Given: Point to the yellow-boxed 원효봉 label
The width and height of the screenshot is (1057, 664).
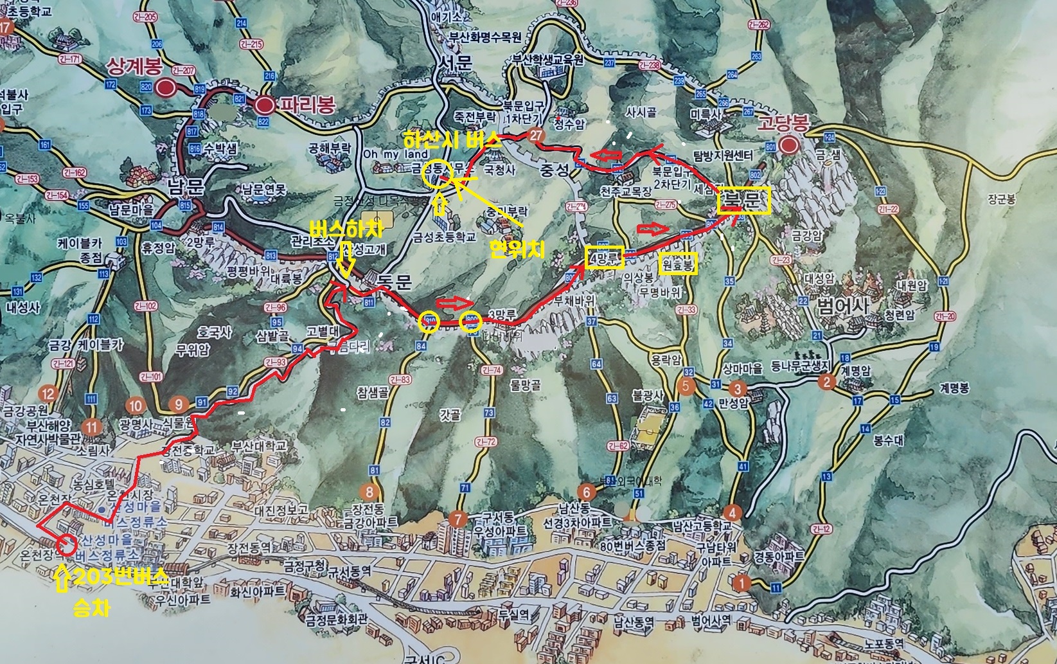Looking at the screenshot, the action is point(679,264).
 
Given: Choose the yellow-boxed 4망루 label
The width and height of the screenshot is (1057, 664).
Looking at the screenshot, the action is point(605,257).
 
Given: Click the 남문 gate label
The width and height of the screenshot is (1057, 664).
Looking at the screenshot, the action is point(185,186).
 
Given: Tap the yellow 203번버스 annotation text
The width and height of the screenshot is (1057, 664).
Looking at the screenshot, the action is point(121,578).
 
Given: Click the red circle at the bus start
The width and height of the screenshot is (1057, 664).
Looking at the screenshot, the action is point(66,545).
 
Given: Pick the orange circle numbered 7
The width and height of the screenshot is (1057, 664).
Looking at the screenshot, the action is point(458,519).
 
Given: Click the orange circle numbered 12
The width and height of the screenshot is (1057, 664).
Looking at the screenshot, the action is point(48,393).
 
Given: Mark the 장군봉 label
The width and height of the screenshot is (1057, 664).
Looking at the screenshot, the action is point(1001,200).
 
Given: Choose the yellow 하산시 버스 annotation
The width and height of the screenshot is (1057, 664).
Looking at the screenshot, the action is point(452,140).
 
